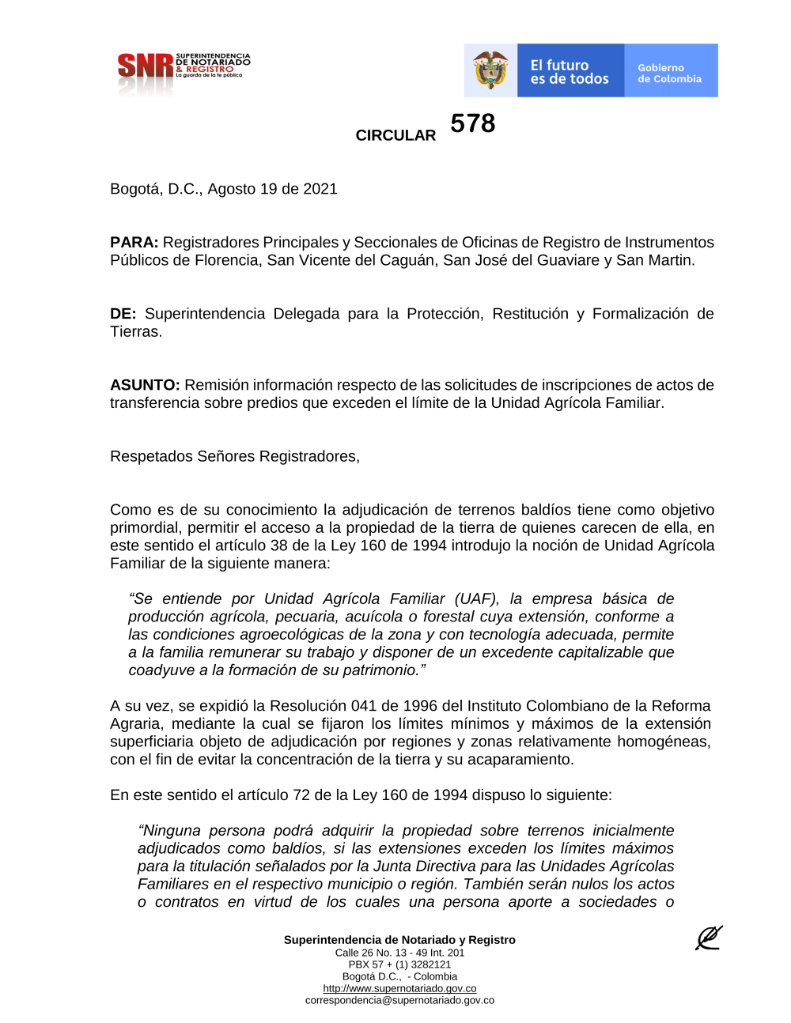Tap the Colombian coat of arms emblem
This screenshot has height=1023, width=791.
(x=490, y=70)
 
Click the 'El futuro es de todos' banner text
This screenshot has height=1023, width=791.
(x=570, y=72)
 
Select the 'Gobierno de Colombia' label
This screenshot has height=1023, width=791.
(x=669, y=74)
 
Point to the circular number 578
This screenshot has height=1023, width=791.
(x=473, y=123)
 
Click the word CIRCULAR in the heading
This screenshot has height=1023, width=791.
(x=395, y=135)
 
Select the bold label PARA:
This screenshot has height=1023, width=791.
(x=134, y=243)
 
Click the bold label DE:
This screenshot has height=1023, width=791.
(x=123, y=314)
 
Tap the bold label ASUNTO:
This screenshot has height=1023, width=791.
(x=145, y=385)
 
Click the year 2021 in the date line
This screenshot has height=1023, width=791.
(x=320, y=189)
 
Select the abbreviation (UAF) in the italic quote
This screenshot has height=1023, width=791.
(x=476, y=598)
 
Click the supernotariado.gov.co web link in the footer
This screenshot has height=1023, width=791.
(x=399, y=988)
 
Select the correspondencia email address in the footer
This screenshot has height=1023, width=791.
(x=399, y=1000)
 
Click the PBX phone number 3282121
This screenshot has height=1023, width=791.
(x=430, y=964)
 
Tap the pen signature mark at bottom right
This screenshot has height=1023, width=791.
(x=708, y=938)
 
